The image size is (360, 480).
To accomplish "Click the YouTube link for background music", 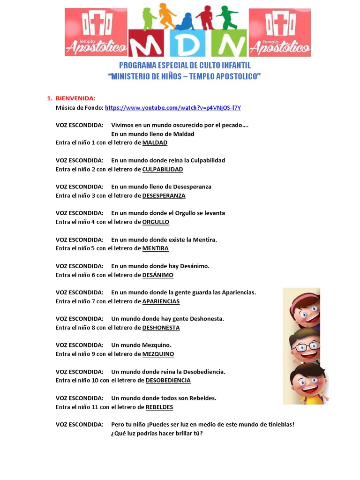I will tap(172, 108).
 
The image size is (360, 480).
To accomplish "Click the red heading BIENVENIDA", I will tap(75, 98).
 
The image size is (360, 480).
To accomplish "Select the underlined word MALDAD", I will tap(155, 142).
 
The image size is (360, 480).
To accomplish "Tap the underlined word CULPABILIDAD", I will tap(162, 169).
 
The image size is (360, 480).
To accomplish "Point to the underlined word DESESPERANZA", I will tap(164, 195).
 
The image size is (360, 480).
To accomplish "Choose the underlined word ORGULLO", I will tap(156, 222).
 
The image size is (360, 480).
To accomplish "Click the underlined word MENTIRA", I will tap(155, 248).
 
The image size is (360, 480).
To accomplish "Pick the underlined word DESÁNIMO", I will tap(157, 275).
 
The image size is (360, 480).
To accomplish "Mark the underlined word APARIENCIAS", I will tap(161, 301).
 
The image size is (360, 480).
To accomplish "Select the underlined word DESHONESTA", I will tap(161, 328).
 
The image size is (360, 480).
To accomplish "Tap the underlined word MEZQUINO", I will tap(158, 354).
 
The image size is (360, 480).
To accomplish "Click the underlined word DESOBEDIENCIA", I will tap(168, 380).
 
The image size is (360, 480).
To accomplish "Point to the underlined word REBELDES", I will tap(159, 407).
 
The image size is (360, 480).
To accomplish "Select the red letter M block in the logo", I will tap(146, 45).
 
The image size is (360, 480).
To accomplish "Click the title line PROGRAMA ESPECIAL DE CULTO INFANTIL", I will tap(185, 66).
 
